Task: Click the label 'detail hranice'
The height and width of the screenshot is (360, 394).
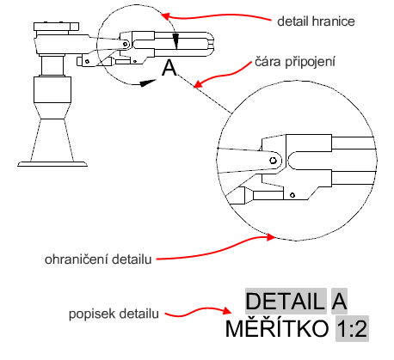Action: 316,21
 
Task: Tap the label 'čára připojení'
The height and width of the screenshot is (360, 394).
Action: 295,62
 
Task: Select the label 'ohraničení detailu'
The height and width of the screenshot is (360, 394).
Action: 98,259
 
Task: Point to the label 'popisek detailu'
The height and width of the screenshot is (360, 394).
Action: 114,314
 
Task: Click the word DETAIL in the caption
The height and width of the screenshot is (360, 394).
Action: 286,301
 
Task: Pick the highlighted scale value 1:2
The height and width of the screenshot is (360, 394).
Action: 352,328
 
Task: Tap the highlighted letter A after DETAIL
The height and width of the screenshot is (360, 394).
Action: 339,301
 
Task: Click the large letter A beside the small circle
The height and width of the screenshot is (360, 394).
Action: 169,69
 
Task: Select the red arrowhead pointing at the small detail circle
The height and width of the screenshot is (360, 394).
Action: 166,15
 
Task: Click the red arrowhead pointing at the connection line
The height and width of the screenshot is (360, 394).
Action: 199,83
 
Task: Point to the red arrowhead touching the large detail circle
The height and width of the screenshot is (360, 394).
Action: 270,237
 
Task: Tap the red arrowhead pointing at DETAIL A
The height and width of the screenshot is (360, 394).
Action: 226,311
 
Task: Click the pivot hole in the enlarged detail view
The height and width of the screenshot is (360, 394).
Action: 273,160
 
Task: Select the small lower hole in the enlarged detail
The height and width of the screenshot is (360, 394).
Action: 292,195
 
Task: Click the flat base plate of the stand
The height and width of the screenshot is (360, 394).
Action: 52,164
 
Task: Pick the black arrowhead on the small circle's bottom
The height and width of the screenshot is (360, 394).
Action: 148,82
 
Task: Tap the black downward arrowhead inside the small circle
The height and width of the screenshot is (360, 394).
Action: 176,41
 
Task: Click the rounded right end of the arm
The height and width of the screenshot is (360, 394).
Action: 210,44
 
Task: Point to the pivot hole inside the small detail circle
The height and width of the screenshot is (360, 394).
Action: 126,44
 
